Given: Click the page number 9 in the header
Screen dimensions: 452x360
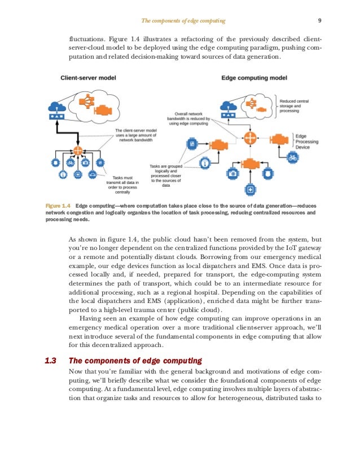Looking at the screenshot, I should pos(319,21).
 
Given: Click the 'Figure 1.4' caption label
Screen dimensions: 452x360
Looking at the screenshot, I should pos(58,205).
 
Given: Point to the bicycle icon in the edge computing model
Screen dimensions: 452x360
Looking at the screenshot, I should pos(292,158).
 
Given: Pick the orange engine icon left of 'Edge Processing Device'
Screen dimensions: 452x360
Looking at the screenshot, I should pos(278,138).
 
